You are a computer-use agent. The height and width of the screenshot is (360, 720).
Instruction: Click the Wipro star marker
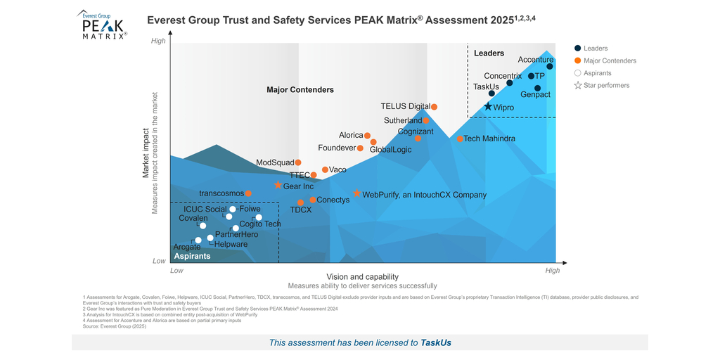[488, 107]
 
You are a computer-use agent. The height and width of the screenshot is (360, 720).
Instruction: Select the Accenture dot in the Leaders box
[550, 67]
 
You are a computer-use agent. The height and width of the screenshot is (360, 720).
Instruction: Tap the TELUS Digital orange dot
[434, 107]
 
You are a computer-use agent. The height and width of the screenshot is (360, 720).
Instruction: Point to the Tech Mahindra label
[489, 139]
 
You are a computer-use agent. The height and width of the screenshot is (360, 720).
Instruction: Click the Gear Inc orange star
[278, 186]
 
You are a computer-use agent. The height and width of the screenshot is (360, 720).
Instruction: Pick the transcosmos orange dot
[248, 193]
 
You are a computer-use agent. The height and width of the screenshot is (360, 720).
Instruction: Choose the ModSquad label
[275, 162]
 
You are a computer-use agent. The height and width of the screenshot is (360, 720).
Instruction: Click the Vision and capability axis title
[362, 276]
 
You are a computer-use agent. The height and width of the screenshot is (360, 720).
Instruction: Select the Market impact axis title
[147, 153]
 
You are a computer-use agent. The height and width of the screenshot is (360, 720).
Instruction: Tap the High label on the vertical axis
[159, 41]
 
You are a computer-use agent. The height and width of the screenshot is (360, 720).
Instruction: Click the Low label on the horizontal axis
[176, 270]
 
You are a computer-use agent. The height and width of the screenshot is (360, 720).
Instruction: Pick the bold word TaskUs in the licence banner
[436, 342]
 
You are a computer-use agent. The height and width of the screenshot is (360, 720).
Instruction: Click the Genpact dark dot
[537, 89]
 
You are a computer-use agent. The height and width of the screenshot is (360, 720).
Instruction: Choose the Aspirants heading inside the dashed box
[193, 257]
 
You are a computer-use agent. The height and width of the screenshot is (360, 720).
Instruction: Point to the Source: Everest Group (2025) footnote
[114, 327]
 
